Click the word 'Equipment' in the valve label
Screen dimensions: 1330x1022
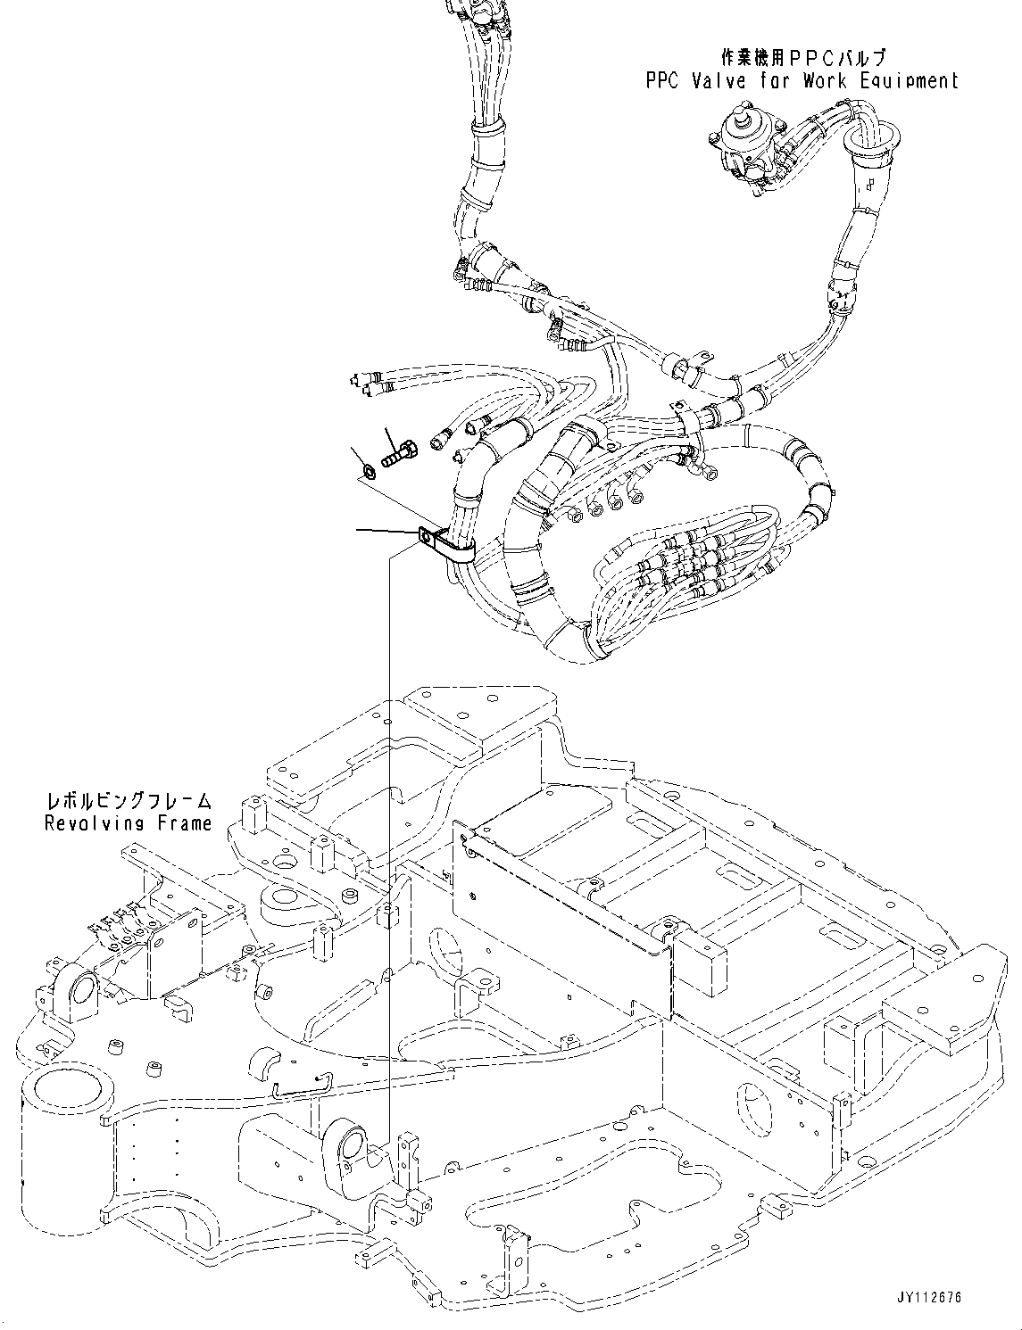[909, 80]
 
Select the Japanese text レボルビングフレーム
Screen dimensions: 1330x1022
[129, 802]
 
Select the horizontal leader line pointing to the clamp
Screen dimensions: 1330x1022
[388, 533]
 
